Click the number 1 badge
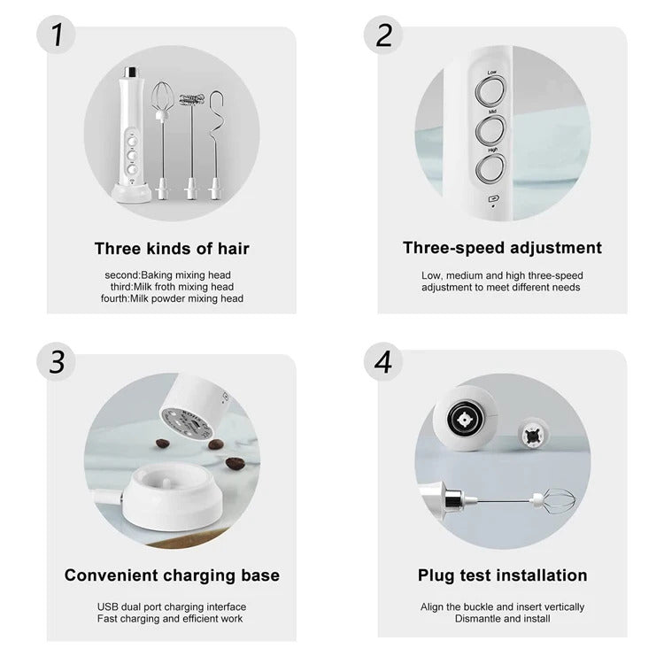click(x=56, y=35)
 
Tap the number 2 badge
click(x=383, y=35)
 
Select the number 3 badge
click(x=56, y=361)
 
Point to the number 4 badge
click(x=383, y=361)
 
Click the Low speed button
click(x=490, y=91)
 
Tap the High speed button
click(x=490, y=169)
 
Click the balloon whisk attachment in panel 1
click(x=162, y=141)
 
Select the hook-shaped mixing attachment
click(x=216, y=145)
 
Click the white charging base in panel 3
click(x=172, y=497)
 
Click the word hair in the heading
click(x=234, y=249)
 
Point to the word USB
click(x=106, y=606)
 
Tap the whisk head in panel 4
click(x=555, y=501)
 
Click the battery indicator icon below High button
click(x=494, y=198)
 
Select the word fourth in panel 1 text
click(x=114, y=298)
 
